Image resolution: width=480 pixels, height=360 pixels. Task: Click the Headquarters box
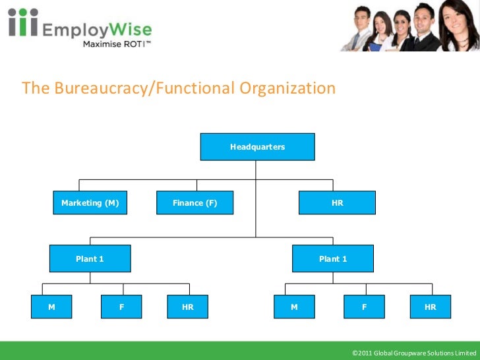pyautogui.click(x=257, y=147)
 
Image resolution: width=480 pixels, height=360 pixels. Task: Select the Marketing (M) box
pyautogui.click(x=90, y=203)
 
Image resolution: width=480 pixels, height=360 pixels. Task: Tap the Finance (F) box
pyautogui.click(x=195, y=203)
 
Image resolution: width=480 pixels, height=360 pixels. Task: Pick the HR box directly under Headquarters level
pyautogui.click(x=337, y=203)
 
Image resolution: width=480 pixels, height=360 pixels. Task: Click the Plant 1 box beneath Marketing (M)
pyautogui.click(x=90, y=259)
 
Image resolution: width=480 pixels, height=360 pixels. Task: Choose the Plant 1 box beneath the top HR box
pyautogui.click(x=333, y=259)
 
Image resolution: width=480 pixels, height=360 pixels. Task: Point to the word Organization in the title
pyautogui.click(x=287, y=88)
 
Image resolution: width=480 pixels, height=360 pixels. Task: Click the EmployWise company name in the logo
pyautogui.click(x=97, y=30)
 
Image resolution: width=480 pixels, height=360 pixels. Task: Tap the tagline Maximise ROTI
pyautogui.click(x=117, y=44)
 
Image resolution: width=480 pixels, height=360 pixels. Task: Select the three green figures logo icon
pyautogui.click(x=22, y=23)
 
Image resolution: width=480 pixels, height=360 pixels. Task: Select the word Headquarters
pyautogui.click(x=257, y=147)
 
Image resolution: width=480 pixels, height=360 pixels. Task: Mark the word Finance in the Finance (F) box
pyautogui.click(x=187, y=203)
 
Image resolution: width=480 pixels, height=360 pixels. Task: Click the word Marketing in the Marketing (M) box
pyautogui.click(x=80, y=203)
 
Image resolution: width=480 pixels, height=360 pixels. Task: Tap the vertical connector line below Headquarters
pyautogui.click(x=256, y=198)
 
